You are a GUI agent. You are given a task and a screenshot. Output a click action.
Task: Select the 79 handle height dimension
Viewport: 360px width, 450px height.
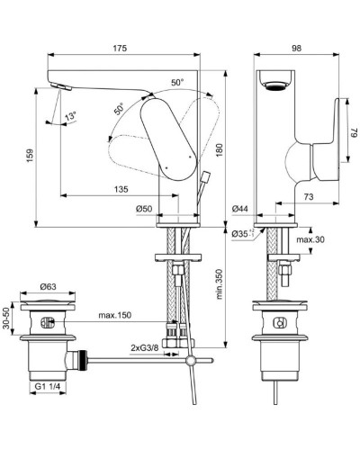click(352, 130)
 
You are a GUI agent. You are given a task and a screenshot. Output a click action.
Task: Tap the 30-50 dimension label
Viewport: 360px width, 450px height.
click(10, 320)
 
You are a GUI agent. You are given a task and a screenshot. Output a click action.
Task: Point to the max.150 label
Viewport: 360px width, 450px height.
click(117, 315)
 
